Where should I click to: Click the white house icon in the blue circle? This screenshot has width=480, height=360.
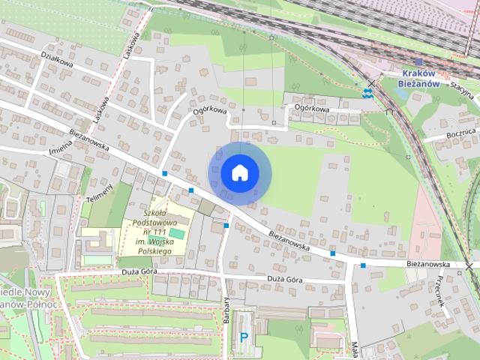click(x=239, y=173)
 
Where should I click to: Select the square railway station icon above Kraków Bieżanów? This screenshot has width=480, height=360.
click(x=418, y=62)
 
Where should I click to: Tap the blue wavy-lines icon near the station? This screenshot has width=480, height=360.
click(x=367, y=92)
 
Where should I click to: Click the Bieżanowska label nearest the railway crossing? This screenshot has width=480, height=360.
click(x=428, y=264)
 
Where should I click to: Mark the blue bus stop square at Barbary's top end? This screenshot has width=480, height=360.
click(x=226, y=224)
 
